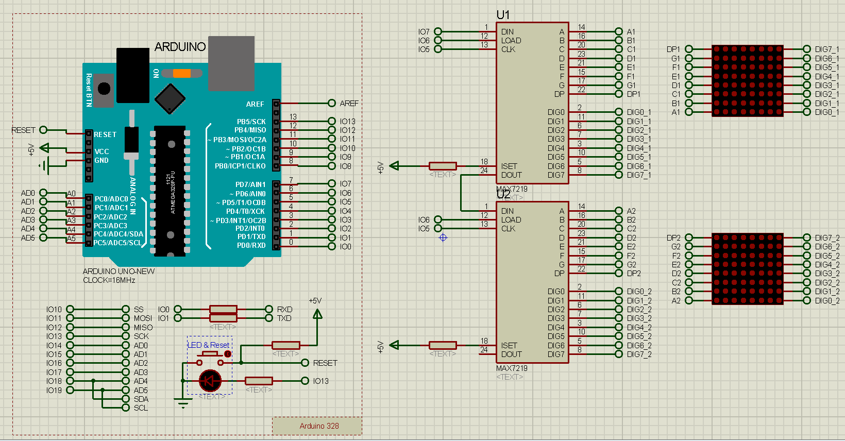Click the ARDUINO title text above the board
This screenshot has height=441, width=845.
click(180, 47)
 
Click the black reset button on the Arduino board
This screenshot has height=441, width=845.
click(104, 89)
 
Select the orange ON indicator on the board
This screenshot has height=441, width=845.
click(182, 73)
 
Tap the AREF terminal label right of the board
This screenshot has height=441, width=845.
click(349, 104)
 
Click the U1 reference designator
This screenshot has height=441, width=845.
click(503, 15)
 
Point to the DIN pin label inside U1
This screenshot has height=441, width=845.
click(507, 32)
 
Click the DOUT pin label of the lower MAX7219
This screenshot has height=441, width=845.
click(511, 354)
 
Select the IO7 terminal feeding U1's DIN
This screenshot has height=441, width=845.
click(424, 32)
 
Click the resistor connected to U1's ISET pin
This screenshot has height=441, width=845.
click(443, 166)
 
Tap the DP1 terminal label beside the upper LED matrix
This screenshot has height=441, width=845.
click(673, 49)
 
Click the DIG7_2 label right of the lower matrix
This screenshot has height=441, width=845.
click(827, 238)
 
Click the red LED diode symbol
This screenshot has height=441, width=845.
click(210, 381)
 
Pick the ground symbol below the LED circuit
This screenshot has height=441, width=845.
click(182, 403)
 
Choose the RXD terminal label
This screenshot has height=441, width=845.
click(284, 310)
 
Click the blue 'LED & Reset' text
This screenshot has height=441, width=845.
click(209, 345)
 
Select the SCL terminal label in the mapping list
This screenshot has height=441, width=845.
click(141, 408)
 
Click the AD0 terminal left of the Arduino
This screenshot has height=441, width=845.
click(28, 193)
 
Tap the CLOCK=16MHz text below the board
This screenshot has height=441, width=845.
click(109, 280)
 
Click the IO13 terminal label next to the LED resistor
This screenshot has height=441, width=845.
click(320, 381)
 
